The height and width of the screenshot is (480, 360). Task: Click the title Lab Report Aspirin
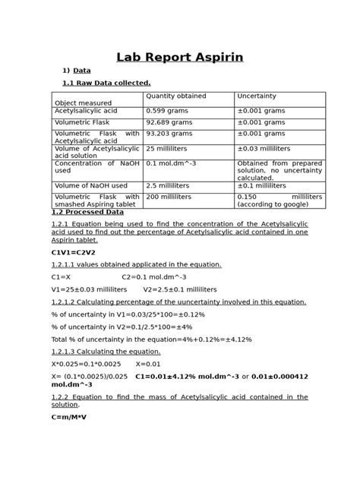tap(179, 57)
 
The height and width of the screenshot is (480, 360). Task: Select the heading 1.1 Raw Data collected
tap(106, 82)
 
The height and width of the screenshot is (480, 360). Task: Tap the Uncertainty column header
tap(257, 96)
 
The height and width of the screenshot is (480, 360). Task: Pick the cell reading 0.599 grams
tap(168, 111)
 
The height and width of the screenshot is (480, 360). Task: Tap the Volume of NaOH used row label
tap(90, 185)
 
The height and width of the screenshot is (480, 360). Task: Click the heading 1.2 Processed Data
tap(87, 212)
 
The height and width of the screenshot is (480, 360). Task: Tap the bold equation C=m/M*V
tap(69, 417)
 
